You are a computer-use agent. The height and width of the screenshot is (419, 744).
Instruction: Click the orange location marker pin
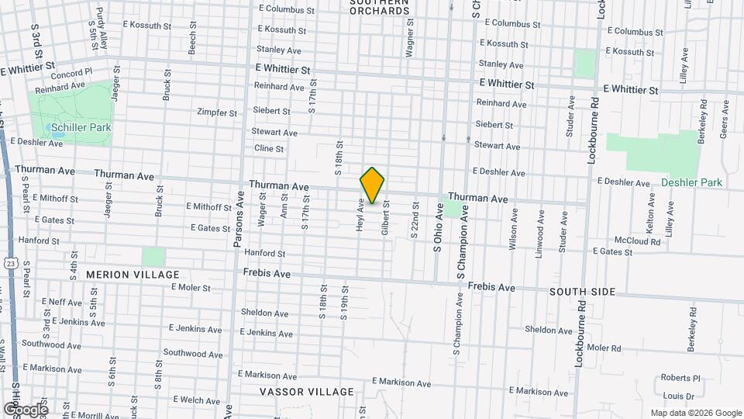[372, 185]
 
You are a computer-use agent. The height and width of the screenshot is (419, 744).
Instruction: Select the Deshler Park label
[691, 182]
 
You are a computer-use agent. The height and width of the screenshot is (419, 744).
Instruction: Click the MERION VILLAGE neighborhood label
[133, 275]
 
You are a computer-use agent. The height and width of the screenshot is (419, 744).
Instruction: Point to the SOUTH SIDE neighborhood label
[582, 292]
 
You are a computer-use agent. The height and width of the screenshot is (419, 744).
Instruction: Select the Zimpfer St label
[217, 113]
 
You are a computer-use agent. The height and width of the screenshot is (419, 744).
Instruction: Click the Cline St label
[269, 148]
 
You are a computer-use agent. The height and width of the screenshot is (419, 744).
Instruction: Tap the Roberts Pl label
[680, 378]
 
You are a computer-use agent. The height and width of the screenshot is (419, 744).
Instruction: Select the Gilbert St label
[384, 217]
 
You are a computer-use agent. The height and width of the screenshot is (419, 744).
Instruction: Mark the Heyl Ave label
[360, 215]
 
